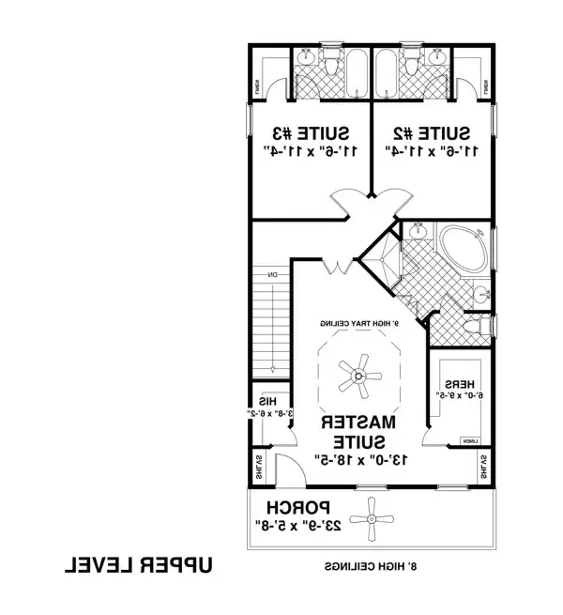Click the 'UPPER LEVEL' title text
coord(140,566)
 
